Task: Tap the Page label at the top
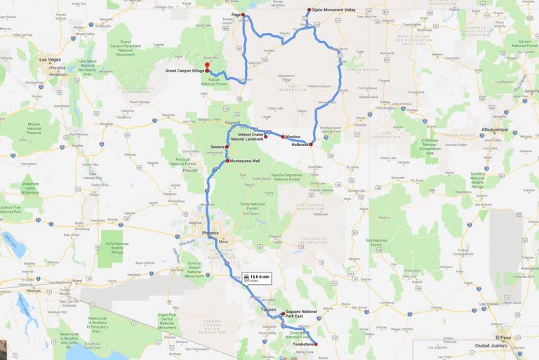coord(237,14)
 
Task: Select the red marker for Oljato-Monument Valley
coord(308,10)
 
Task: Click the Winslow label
coord(293,137)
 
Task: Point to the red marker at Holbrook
coord(313,142)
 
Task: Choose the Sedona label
coord(217,147)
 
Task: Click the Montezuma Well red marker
coord(227,161)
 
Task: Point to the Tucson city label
coord(267,309)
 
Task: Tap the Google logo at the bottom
coord(287,356)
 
